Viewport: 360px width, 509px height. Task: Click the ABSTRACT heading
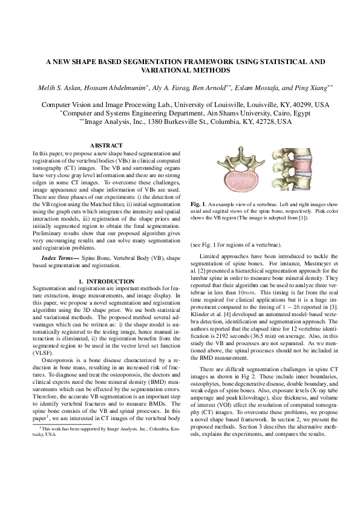[x=106, y=145]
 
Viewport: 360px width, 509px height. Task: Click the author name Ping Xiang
[x=314, y=88]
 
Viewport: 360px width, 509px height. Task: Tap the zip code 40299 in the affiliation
[x=303, y=105]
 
